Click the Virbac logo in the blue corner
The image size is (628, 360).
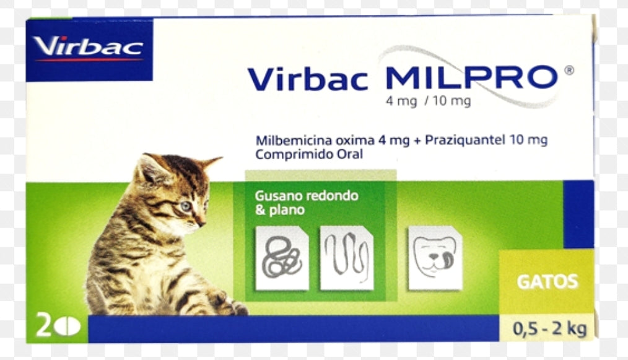(x=89, y=48)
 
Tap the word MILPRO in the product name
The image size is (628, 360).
(x=470, y=78)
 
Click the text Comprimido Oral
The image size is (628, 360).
(x=308, y=154)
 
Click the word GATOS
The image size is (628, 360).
(x=547, y=281)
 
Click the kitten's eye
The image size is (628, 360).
(x=186, y=206)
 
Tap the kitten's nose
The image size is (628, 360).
(x=201, y=222)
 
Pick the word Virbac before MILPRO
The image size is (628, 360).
(x=308, y=79)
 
